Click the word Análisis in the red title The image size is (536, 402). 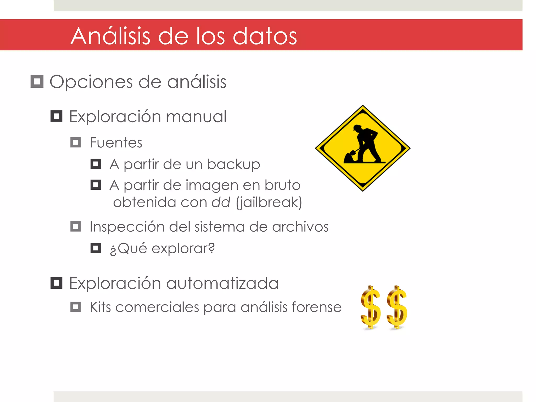tap(110, 36)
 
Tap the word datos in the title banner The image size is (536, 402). tap(265, 36)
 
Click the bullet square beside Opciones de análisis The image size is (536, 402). tap(37, 81)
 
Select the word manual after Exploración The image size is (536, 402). tap(196, 116)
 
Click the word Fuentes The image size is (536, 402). tap(116, 143)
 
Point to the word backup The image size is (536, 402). tap(233, 165)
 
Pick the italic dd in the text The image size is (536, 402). tap(221, 202)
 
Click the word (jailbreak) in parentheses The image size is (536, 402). tap(269, 202)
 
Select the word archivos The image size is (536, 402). tap(300, 227)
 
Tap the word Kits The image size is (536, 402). tap(100, 307)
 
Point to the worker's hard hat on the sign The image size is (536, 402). tap(357, 127)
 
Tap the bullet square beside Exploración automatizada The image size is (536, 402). tap(56, 283)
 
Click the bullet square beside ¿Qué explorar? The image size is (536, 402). tap(96, 248)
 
